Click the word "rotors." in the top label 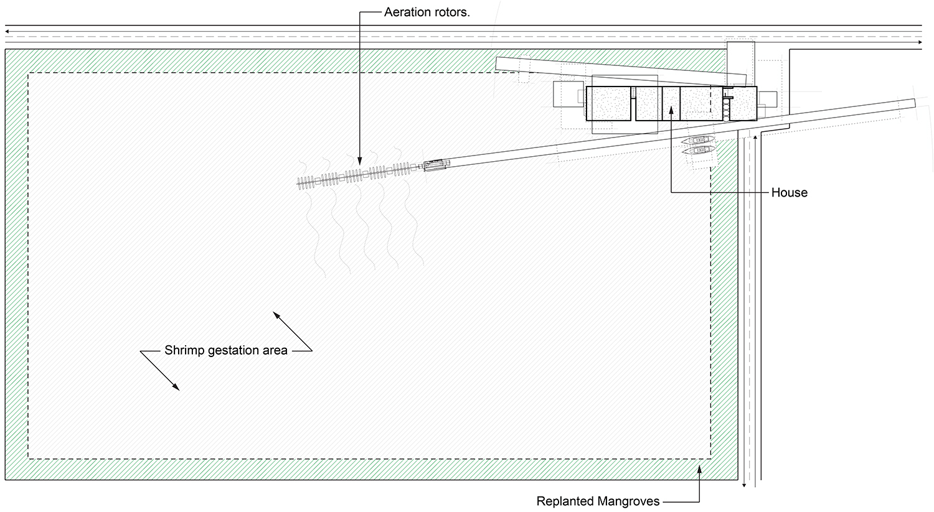451,12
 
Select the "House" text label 789,192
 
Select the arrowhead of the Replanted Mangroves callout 699,467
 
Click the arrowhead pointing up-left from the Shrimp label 274,314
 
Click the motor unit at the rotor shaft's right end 435,164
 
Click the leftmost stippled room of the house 609,103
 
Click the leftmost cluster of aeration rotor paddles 305,182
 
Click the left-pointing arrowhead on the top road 6,29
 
